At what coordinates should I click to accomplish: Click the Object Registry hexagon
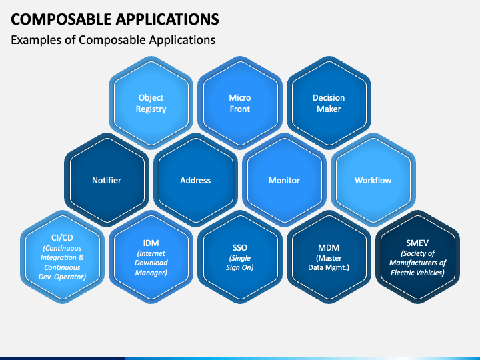pyautogui.click(x=151, y=103)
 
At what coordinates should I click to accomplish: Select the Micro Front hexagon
pyautogui.click(x=240, y=103)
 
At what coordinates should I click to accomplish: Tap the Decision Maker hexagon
pyautogui.click(x=329, y=103)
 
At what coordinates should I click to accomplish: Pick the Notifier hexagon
pyautogui.click(x=107, y=180)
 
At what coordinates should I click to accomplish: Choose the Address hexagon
pyautogui.click(x=195, y=180)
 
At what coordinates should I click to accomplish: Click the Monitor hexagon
pyautogui.click(x=284, y=180)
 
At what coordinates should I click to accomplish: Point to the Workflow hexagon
pyautogui.click(x=373, y=180)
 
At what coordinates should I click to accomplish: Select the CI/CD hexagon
pyautogui.click(x=63, y=257)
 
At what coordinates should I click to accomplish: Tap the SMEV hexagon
pyautogui.click(x=417, y=257)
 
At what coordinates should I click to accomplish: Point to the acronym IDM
pyautogui.click(x=151, y=243)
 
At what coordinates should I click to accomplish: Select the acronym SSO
pyautogui.click(x=240, y=247)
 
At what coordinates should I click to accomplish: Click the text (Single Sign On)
pyautogui.click(x=240, y=263)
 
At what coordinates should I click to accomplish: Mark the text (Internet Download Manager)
pyautogui.click(x=151, y=263)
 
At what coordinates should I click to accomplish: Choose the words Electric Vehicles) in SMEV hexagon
pyautogui.click(x=417, y=272)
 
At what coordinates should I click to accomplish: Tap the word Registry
pyautogui.click(x=151, y=109)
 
